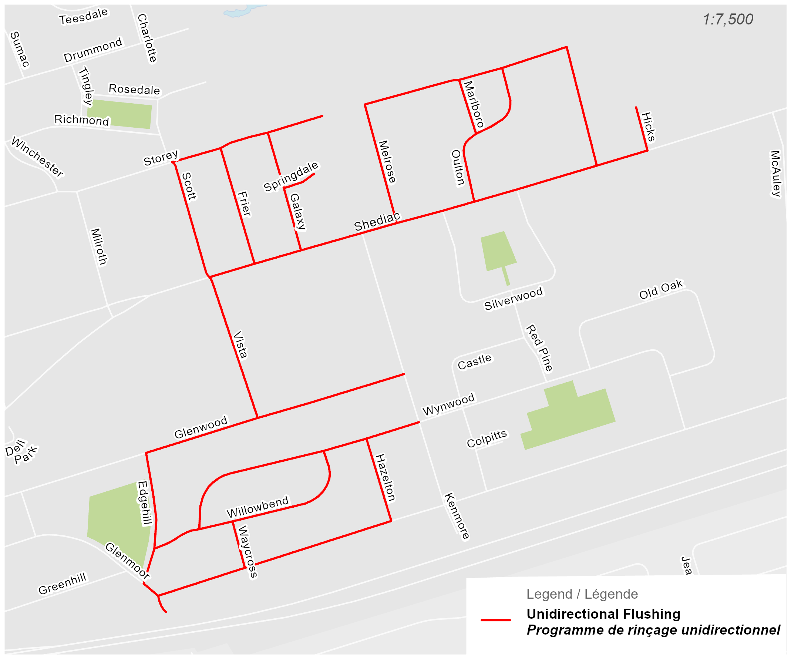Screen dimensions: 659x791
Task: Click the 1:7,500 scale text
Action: coord(727,19)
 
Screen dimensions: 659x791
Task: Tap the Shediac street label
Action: coord(377,222)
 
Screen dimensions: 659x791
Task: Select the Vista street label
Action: coord(240,345)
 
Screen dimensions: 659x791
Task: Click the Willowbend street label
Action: coord(258,507)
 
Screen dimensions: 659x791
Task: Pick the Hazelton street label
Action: coord(385,478)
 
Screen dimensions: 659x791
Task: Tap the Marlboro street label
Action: coord(473,104)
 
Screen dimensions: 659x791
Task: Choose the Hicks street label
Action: coord(648,127)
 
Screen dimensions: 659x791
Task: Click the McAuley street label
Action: coord(775,173)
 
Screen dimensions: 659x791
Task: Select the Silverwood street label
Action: coord(514,298)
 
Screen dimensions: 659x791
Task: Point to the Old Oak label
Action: coord(661,289)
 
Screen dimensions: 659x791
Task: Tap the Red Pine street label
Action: coord(539,348)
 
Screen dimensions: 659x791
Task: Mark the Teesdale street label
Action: coord(84,16)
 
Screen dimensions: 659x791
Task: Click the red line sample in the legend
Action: coord(496,620)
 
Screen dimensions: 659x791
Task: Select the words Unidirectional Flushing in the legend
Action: coord(603,614)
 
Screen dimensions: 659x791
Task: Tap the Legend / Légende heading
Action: coord(582,594)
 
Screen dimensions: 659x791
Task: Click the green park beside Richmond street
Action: coord(120,114)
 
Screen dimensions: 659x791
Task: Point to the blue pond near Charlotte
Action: coord(241,11)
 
